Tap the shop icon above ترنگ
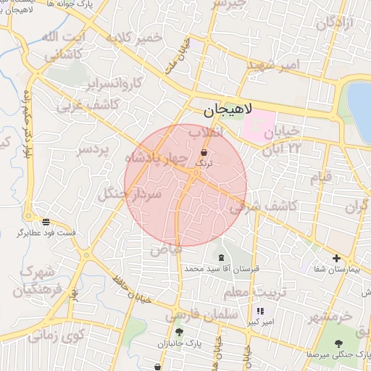(203, 153)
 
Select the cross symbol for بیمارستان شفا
(336, 258)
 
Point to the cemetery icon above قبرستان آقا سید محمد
(220, 258)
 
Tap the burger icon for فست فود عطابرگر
(46, 222)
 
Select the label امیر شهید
(272, 65)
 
